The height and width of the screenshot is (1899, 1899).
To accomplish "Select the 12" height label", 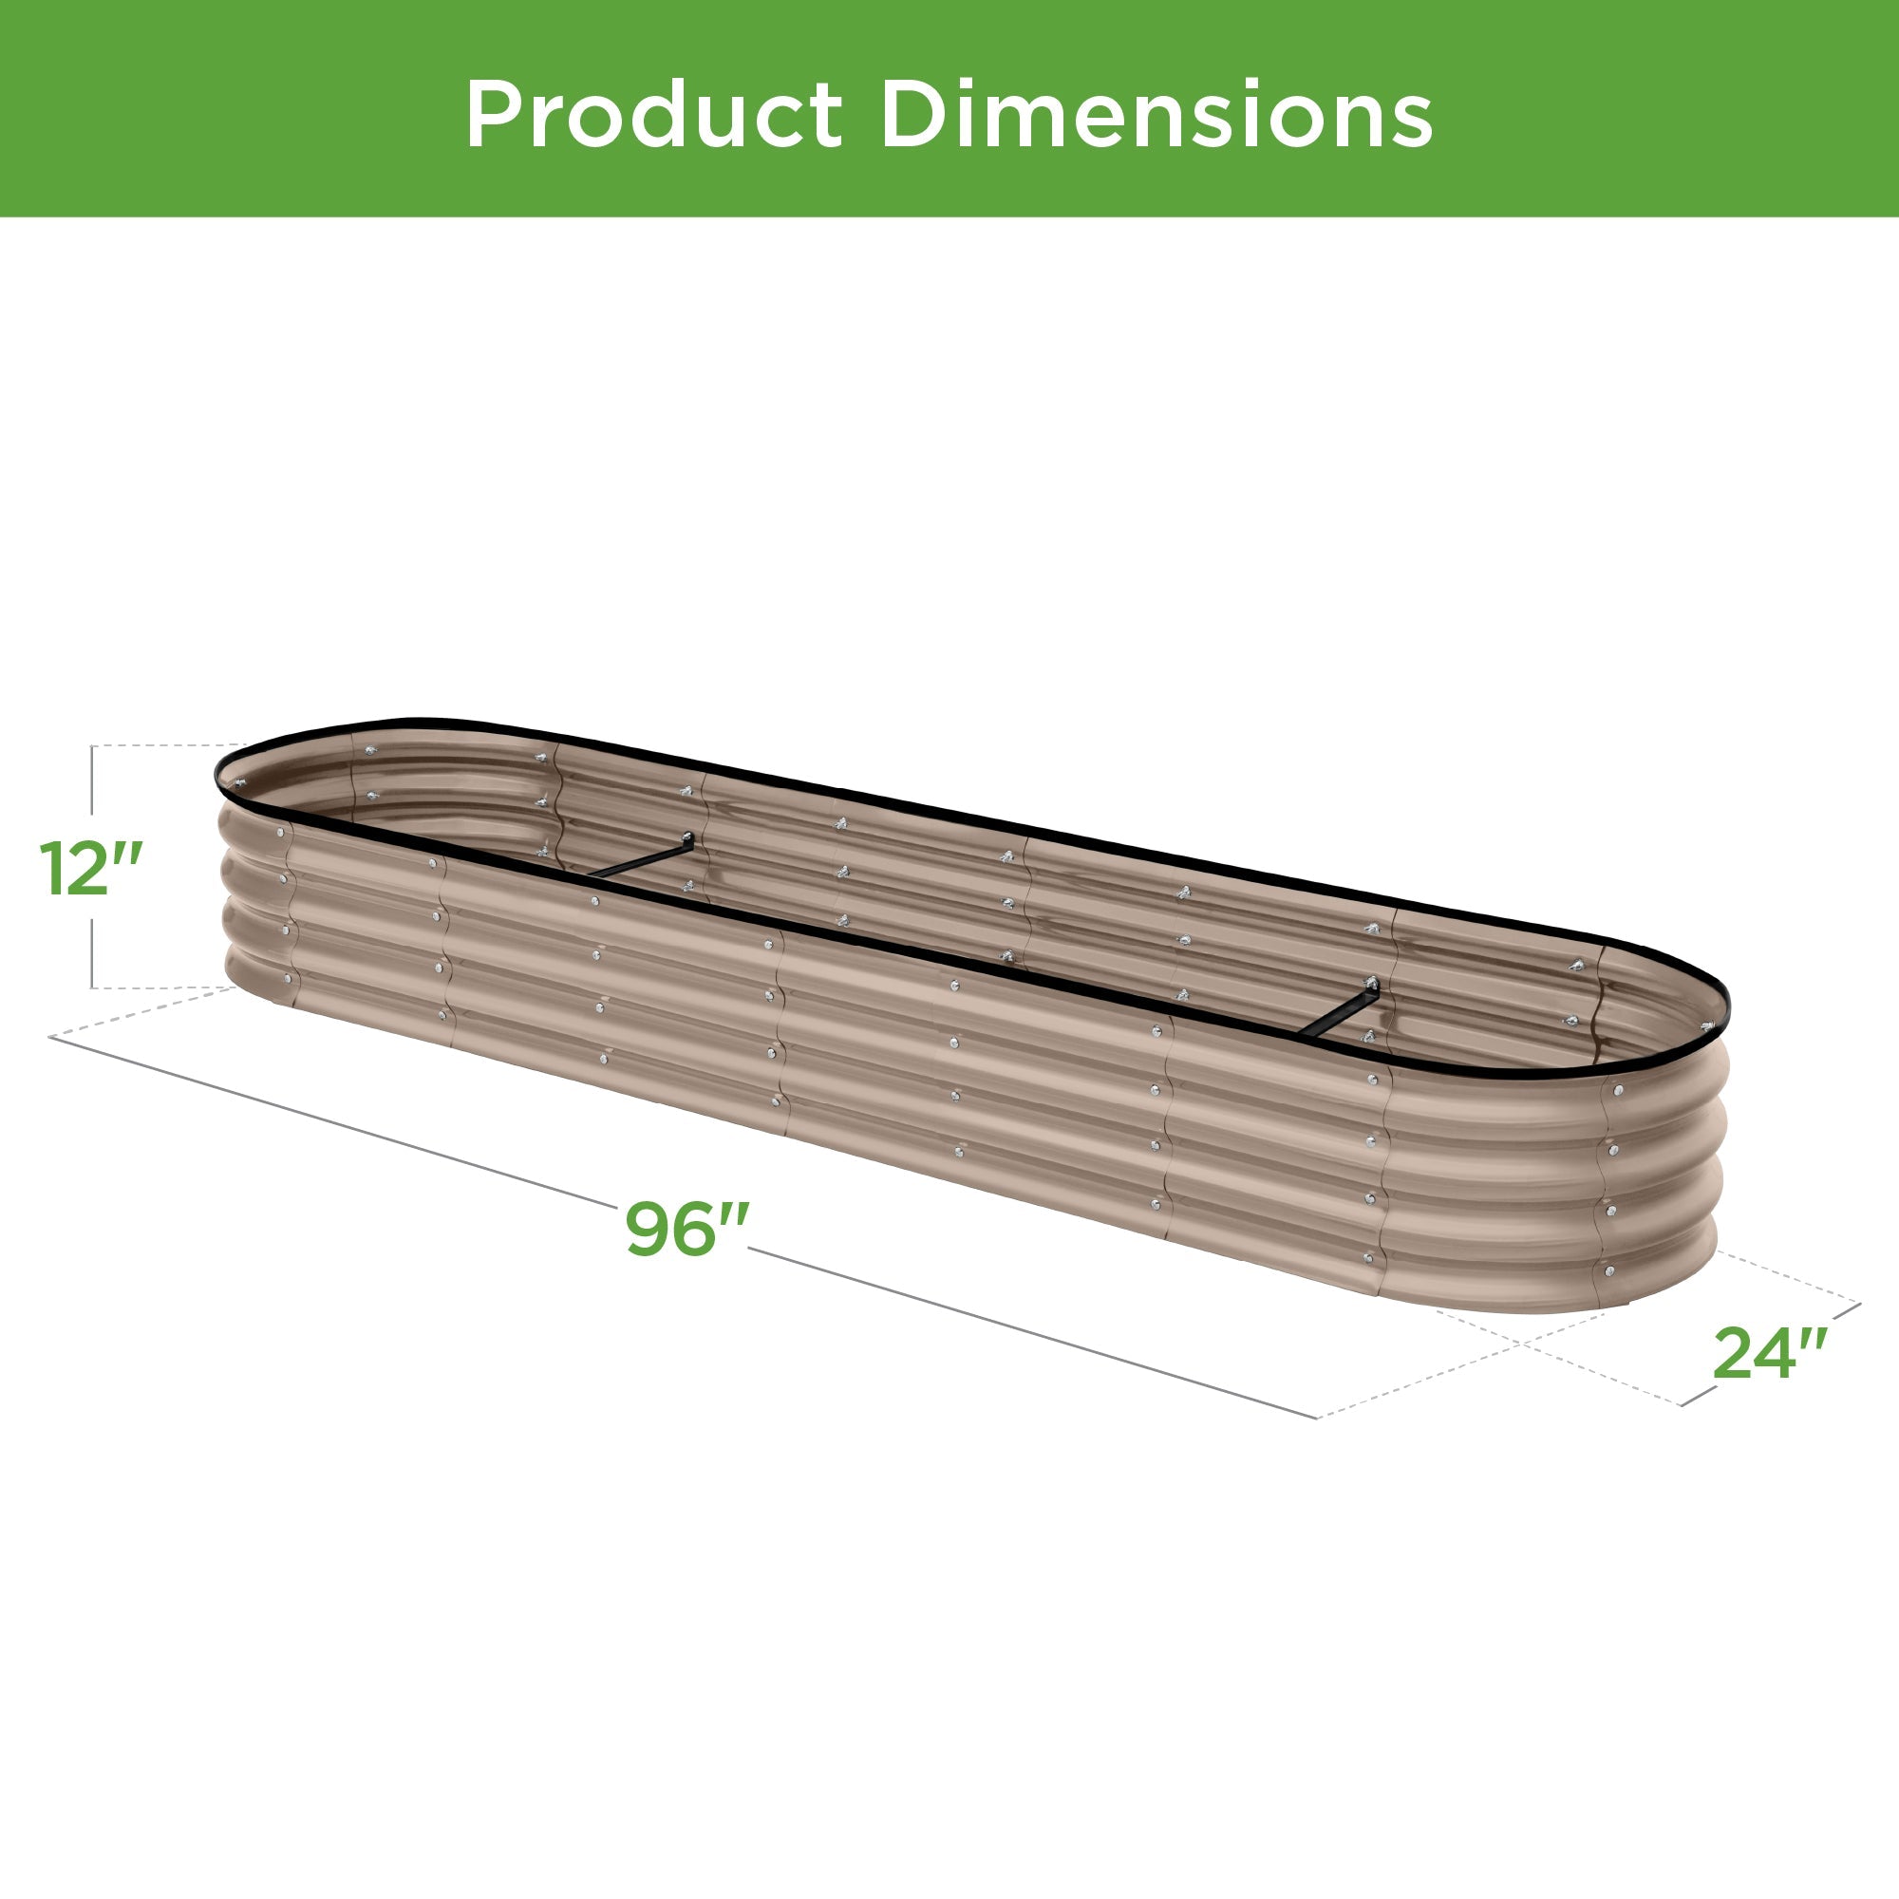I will (x=91, y=869).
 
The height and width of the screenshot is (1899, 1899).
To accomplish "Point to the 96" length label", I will (x=688, y=1229).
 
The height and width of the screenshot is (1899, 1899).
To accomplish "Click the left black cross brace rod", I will (x=639, y=857).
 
